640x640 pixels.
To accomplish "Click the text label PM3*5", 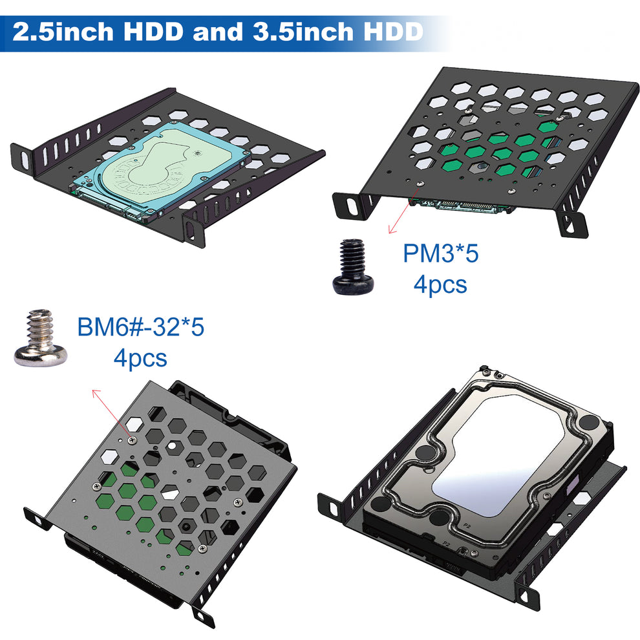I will [441, 253].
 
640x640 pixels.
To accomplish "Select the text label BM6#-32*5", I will [141, 327].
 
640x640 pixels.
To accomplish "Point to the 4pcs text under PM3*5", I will [440, 284].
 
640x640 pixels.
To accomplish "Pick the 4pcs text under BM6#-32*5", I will [140, 357].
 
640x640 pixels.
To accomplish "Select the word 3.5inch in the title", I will [302, 32].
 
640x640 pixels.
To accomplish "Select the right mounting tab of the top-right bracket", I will [572, 223].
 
